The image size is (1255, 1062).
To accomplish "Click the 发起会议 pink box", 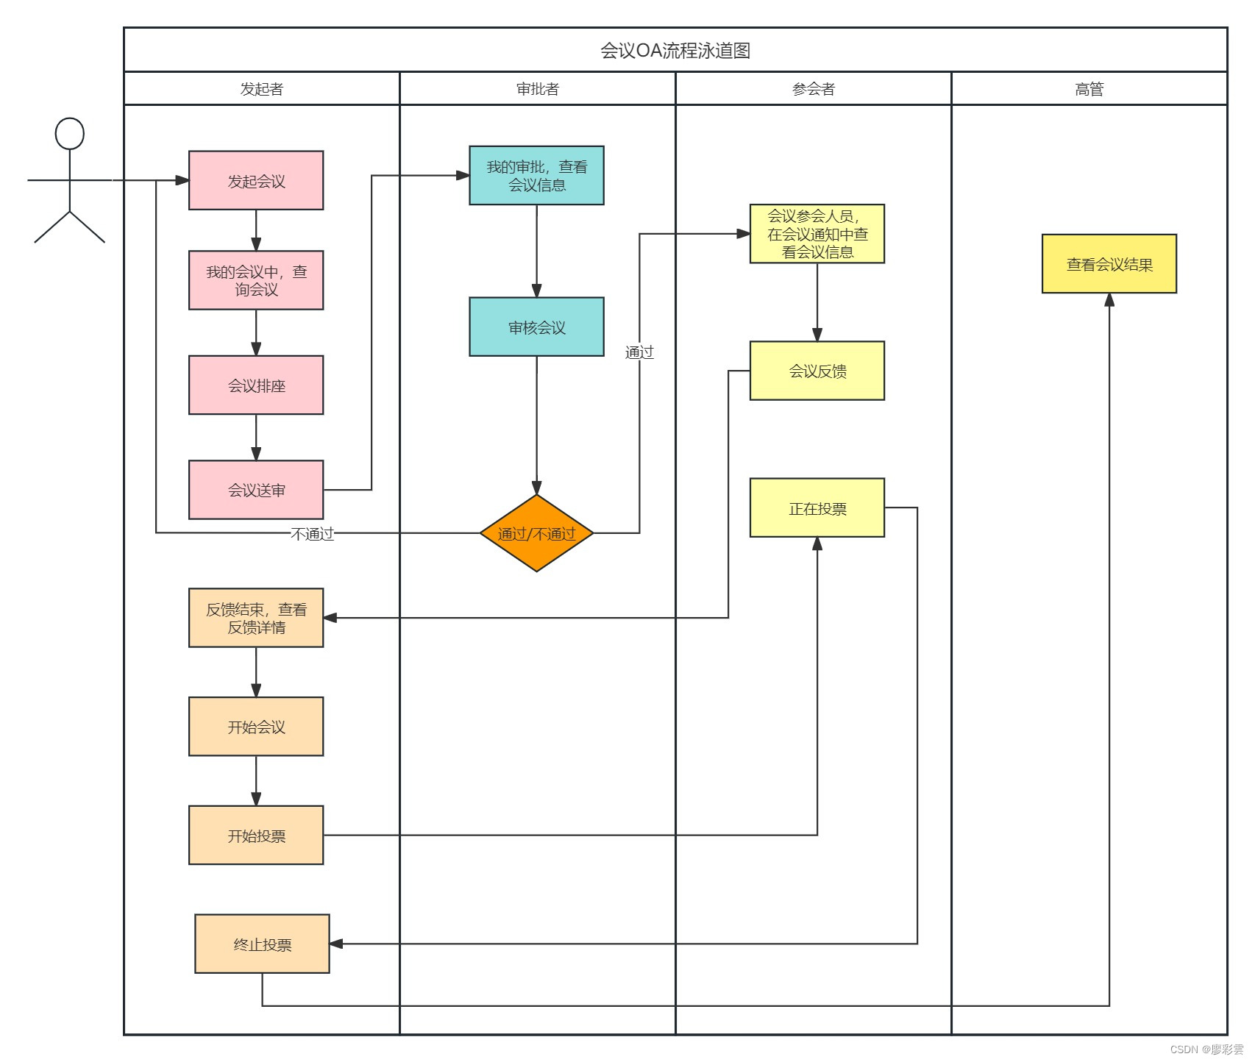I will [255, 180].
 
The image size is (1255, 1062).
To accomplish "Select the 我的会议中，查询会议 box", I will [255, 280].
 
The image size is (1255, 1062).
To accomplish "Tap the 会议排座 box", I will [255, 385].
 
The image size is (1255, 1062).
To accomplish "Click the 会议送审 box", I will [255, 490].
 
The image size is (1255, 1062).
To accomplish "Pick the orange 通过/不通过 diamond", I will [536, 533].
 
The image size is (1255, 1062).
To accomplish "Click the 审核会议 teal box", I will [536, 327].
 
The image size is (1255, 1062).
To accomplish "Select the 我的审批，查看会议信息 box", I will [536, 176].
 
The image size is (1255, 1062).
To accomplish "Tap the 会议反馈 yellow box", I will [817, 371].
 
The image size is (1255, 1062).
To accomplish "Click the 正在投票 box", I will [817, 508].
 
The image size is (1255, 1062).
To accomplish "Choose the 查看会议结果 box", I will [1109, 264].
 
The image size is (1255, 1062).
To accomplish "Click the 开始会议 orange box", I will [255, 727].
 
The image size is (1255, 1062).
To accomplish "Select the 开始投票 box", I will [255, 835].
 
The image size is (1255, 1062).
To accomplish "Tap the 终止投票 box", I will [262, 944].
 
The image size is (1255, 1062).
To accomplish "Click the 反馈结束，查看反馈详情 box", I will [255, 618].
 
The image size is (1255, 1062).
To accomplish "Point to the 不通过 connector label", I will [312, 533].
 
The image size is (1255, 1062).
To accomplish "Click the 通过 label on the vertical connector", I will [639, 352].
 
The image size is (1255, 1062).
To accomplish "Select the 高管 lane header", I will [1089, 89].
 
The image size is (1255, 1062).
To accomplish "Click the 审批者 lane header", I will [537, 89].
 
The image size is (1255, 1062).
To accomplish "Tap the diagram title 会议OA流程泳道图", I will [675, 51].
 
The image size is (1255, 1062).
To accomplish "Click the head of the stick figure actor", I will [69, 134].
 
